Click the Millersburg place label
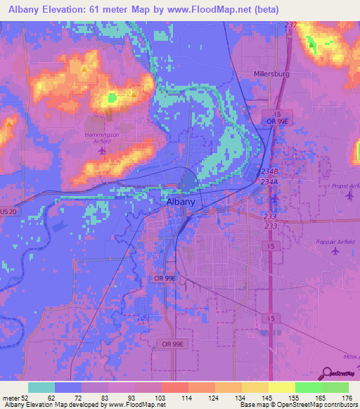(271, 73)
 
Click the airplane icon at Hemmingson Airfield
(103, 150)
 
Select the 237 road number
(291, 25)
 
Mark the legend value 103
(148, 398)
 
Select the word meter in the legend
(10, 398)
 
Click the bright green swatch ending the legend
(335, 387)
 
